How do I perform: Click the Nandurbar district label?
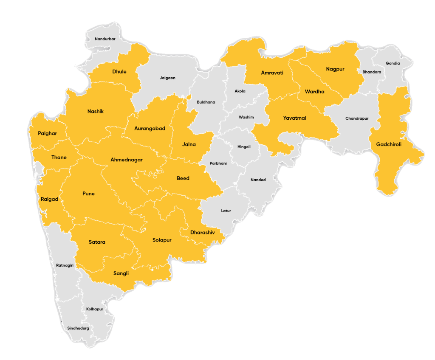pyautogui.click(x=105, y=39)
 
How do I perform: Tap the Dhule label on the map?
pyautogui.click(x=119, y=72)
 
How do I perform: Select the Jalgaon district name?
pyautogui.click(x=167, y=78)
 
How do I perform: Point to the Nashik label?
pyautogui.click(x=96, y=112)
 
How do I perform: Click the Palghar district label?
pyautogui.click(x=47, y=133)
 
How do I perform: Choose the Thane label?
pyautogui.click(x=59, y=157)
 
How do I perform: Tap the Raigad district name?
pyautogui.click(x=49, y=199)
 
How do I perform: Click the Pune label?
pyautogui.click(x=88, y=194)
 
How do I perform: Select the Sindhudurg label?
pyautogui.click(x=78, y=329)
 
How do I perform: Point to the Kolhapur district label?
pyautogui.click(x=95, y=309)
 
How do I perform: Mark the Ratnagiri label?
pyautogui.click(x=65, y=265)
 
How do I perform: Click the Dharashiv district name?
pyautogui.click(x=203, y=233)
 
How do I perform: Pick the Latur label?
pyautogui.click(x=226, y=211)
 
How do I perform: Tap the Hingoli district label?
pyautogui.click(x=244, y=147)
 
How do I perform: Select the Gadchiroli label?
pyautogui.click(x=389, y=145)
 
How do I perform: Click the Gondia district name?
pyautogui.click(x=393, y=63)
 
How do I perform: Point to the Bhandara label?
pyautogui.click(x=372, y=72)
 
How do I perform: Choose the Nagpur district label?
pyautogui.click(x=335, y=69)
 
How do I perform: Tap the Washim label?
pyautogui.click(x=246, y=117)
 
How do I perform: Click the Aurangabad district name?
pyautogui.click(x=150, y=128)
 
